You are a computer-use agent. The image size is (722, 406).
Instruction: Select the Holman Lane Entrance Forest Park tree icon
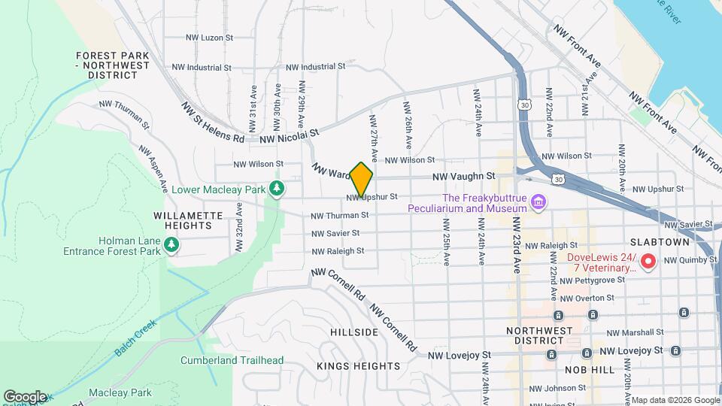(x=171, y=244)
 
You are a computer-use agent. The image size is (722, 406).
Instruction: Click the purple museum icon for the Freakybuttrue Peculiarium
(x=537, y=201)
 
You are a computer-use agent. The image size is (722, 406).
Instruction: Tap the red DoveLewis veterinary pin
(x=648, y=262)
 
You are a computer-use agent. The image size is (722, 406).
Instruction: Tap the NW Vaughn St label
(x=463, y=176)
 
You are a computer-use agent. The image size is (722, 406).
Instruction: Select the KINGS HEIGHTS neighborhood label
(x=358, y=366)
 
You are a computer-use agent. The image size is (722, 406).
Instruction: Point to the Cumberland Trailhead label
(x=232, y=360)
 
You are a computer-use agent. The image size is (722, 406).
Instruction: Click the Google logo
(x=24, y=397)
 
